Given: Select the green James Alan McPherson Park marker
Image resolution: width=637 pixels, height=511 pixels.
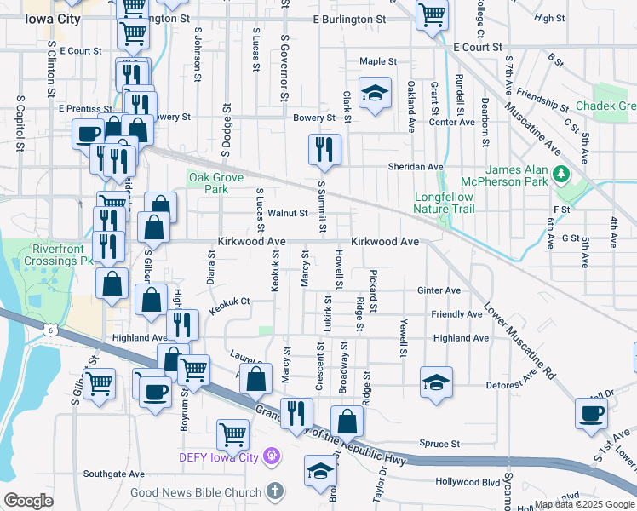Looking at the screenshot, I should point(560,175).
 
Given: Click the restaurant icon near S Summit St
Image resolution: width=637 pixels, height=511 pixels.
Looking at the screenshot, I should point(324,150).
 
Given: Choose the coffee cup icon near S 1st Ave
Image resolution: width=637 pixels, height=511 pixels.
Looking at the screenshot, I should point(591,413).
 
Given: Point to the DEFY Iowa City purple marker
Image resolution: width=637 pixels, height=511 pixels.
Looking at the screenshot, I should point(272,456).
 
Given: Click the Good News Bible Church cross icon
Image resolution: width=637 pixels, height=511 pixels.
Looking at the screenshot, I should point(274,491).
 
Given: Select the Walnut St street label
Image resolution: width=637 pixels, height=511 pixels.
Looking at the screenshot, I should point(287,213).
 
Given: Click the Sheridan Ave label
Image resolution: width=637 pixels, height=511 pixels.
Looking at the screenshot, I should point(416,167).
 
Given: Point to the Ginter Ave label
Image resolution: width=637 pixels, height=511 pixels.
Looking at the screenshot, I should point(439,290).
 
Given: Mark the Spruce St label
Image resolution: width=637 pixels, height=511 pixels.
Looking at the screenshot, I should point(439,444).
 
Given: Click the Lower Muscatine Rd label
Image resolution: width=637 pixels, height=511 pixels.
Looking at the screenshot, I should point(519,342).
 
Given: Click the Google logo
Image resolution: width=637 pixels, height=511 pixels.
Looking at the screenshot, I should point(28,500).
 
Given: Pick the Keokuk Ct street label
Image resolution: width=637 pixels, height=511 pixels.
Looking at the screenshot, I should point(229,301).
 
